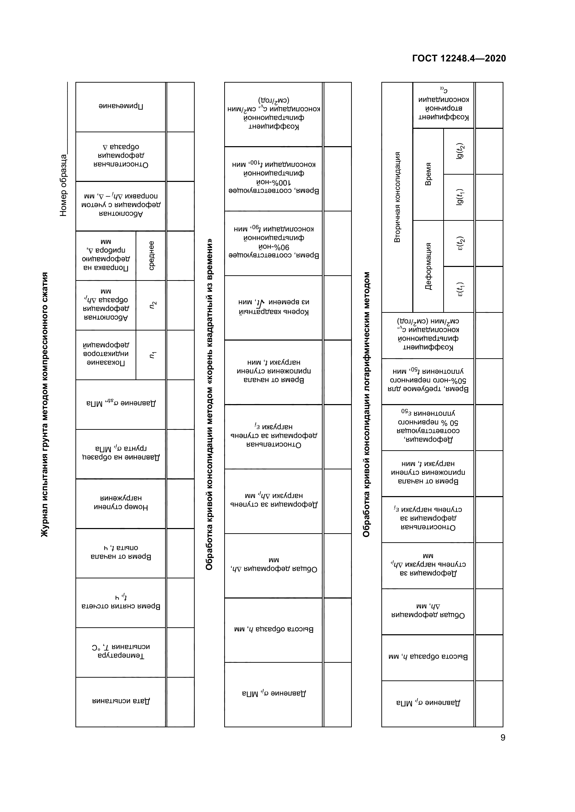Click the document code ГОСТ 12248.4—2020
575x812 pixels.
[x=459, y=58]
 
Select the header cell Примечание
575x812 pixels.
[x=121, y=106]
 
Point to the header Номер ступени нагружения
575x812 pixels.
[x=121, y=503]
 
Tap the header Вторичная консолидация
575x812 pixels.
[x=397, y=197]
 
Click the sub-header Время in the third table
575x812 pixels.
[x=428, y=174]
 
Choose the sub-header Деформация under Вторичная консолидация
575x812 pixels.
[x=428, y=266]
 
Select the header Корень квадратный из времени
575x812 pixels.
[x=274, y=307]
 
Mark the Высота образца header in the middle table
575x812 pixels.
[x=274, y=629]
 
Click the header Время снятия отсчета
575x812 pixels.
[x=121, y=602]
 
